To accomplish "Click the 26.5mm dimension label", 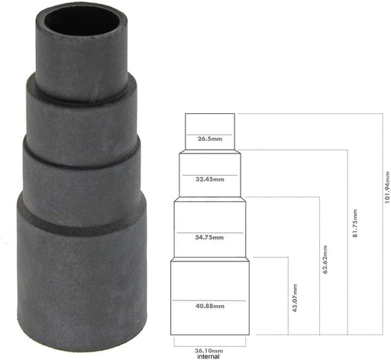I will pos(210,139).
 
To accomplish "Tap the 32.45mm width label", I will pos(210,180).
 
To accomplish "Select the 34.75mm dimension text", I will pos(210,238).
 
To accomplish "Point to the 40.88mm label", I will pos(210,306).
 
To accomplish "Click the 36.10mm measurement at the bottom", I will pos(208,349).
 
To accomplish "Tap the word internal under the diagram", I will pos(208,356).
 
